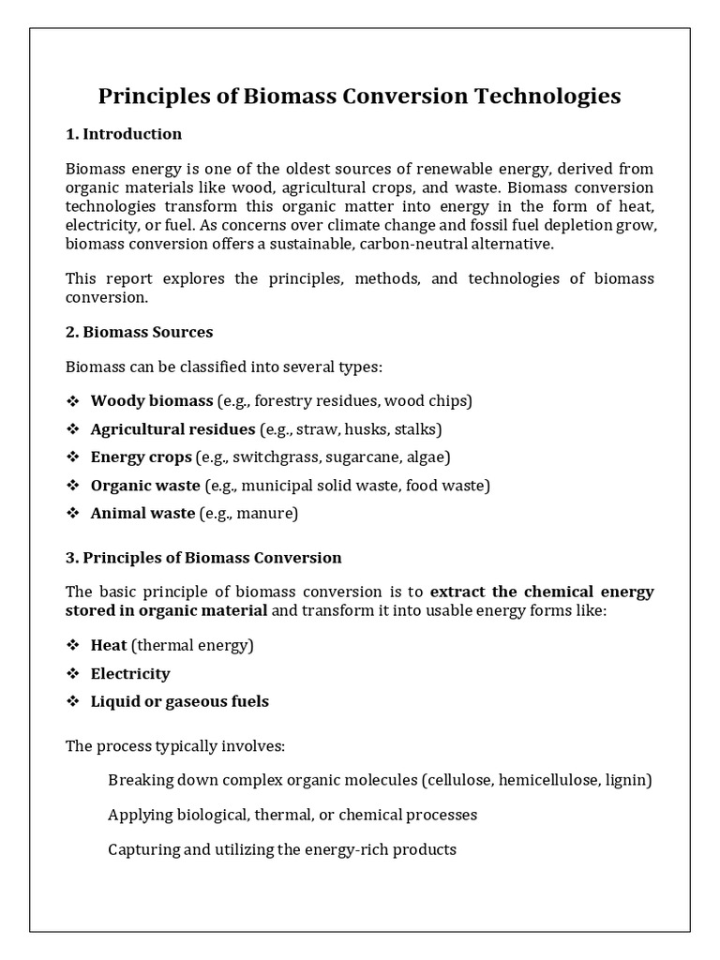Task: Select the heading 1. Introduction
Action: coord(124,134)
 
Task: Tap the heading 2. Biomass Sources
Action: coord(140,332)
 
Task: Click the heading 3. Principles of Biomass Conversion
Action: coord(203,558)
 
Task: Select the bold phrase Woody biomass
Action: coord(152,401)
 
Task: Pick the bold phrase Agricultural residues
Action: coord(172,429)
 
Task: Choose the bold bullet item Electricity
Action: coord(130,674)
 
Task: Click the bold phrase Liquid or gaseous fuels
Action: coord(179,702)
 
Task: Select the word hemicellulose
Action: coord(549,780)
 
